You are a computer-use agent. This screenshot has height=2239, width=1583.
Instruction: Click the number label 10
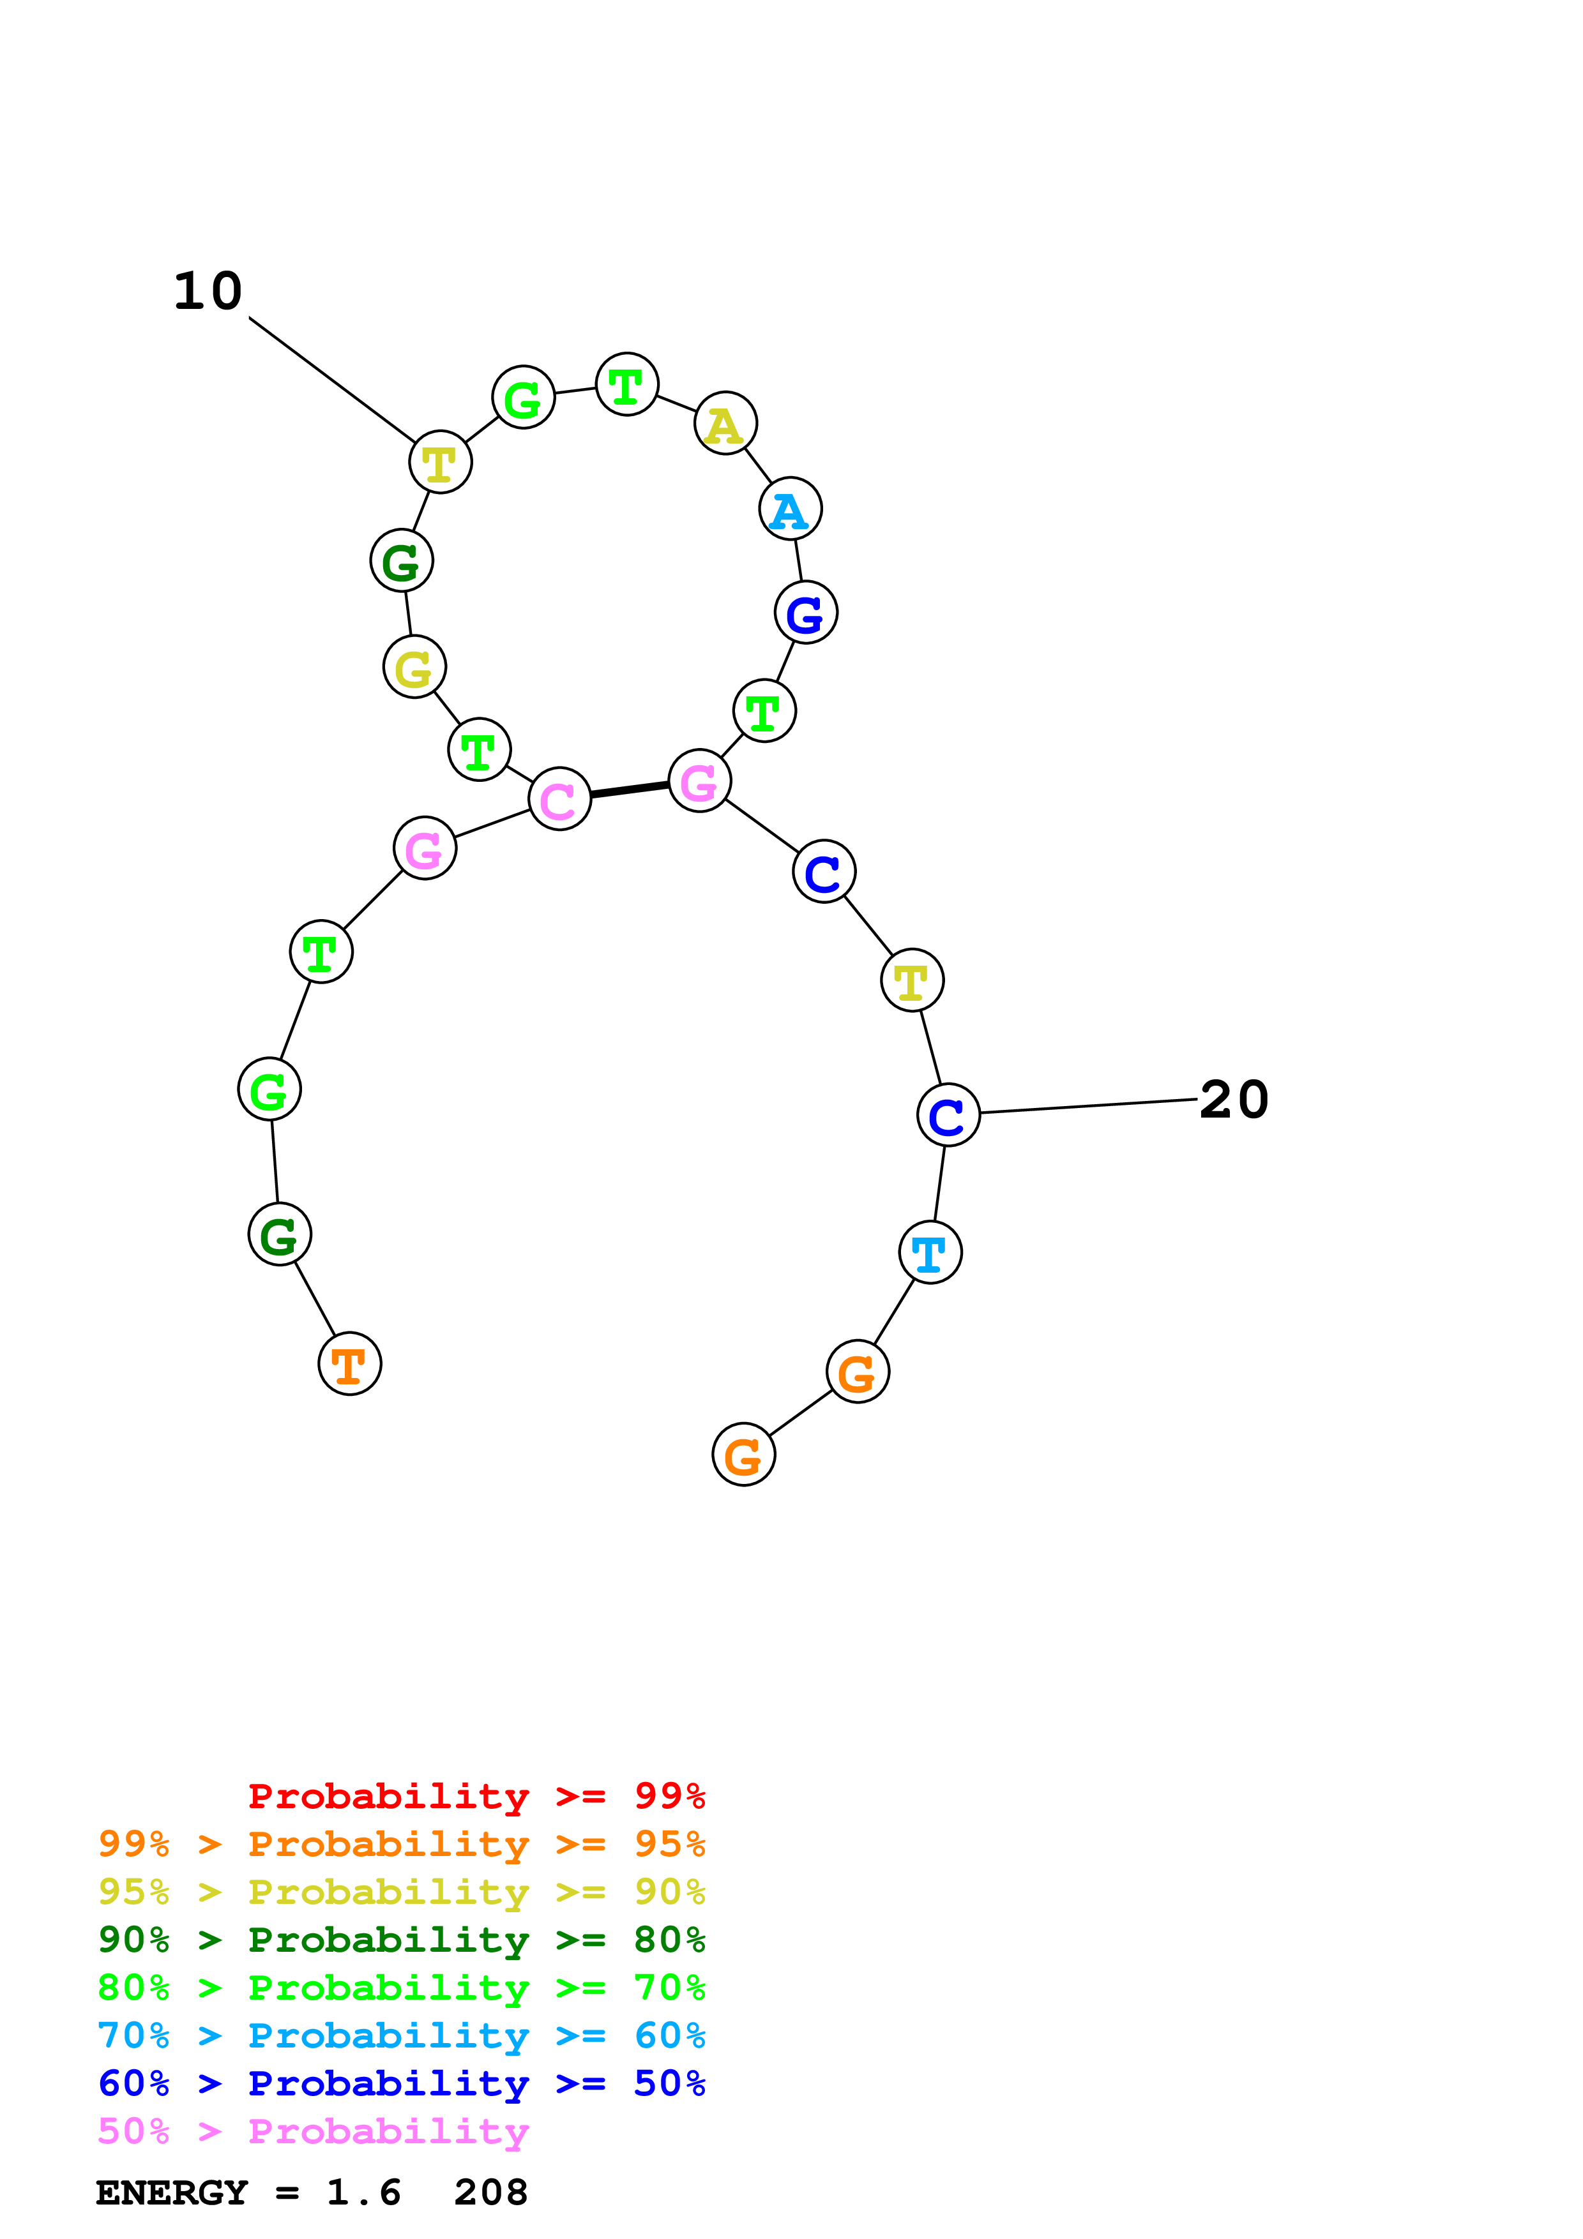208,292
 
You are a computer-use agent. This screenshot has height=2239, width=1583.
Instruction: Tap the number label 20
1233,1100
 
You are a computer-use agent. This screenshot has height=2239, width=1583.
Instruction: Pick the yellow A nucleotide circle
725,424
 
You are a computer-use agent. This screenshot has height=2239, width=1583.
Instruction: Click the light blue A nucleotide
790,509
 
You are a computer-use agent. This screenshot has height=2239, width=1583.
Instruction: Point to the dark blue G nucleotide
806,613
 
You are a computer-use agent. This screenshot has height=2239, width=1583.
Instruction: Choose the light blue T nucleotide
930,1252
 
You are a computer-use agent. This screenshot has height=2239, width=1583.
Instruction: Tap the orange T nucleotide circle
349,1363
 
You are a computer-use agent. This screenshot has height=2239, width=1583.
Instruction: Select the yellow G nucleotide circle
414,667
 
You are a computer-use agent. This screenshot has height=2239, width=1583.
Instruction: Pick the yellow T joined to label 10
440,462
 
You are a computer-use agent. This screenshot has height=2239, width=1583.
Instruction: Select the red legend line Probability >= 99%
476,1796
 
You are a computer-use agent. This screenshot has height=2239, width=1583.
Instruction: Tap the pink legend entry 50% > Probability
313,2132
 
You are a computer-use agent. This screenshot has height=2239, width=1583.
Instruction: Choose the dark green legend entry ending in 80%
401,1940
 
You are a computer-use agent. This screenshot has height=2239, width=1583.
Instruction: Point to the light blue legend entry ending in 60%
401,2035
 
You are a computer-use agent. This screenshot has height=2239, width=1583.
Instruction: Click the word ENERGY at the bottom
172,2193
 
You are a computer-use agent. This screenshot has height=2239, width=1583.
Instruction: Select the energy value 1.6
363,2193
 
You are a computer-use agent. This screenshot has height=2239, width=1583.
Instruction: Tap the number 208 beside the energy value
490,2193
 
